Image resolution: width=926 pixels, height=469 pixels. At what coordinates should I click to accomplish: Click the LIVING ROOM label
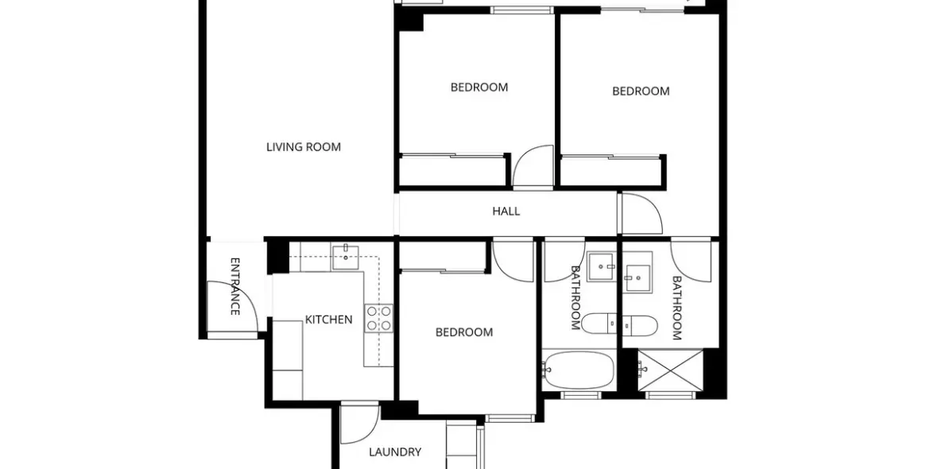(x=304, y=146)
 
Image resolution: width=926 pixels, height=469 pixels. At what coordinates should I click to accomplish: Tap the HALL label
(x=506, y=211)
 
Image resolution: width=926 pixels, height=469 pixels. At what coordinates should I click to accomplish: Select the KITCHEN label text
(x=328, y=320)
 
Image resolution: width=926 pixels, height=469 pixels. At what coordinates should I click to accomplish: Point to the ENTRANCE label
(x=234, y=286)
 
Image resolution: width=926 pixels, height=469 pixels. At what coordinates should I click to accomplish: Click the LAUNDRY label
(x=395, y=452)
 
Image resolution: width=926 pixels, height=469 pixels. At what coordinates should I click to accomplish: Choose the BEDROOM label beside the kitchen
(x=464, y=332)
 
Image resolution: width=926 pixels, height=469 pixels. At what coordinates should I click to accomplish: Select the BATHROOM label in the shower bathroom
(x=676, y=308)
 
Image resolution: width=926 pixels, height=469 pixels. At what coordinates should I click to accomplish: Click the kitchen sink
(x=346, y=254)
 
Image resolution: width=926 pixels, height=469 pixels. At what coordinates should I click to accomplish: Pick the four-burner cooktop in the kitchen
(x=378, y=317)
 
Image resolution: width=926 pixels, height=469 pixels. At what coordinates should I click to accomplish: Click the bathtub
(x=579, y=370)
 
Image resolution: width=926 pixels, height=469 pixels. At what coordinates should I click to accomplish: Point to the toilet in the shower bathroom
(x=640, y=325)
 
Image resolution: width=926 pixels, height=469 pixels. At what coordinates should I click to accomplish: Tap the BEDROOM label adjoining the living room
(x=479, y=87)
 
